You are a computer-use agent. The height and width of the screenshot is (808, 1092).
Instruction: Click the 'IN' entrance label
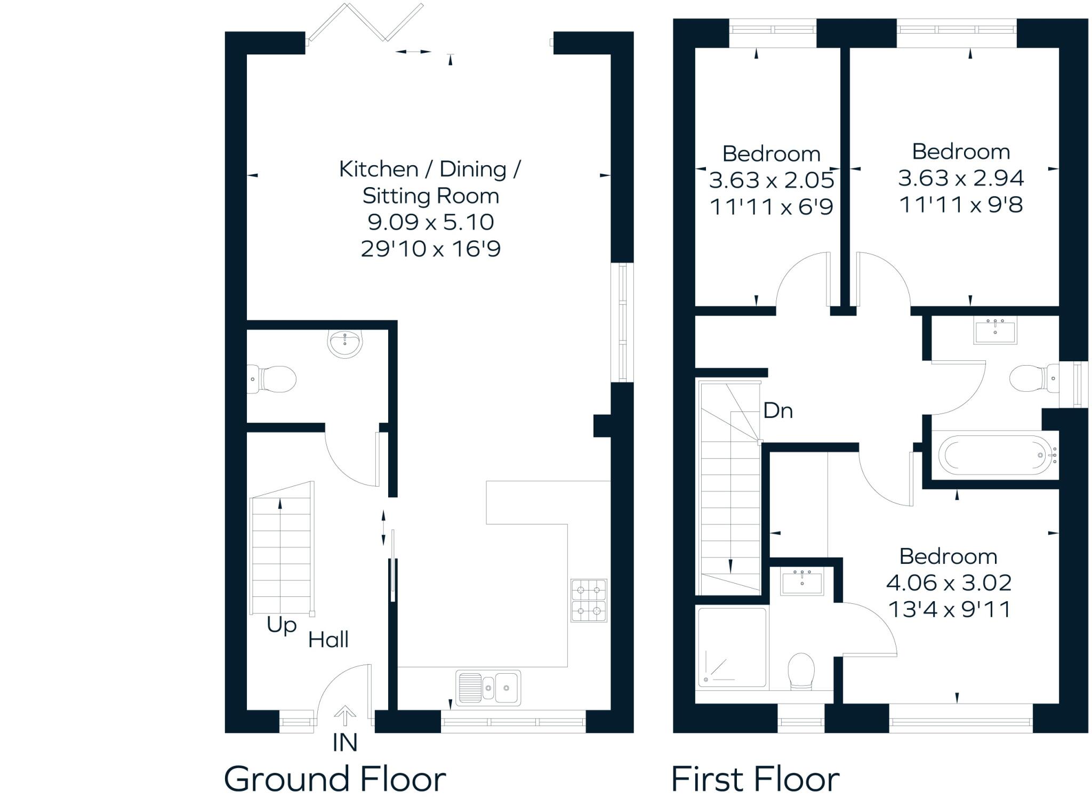[344, 742]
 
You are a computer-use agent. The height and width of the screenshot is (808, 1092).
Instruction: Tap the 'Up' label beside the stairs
[282, 625]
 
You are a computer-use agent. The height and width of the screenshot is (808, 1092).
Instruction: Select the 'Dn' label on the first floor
[778, 411]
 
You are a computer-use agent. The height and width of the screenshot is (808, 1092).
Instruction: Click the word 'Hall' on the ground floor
[328, 640]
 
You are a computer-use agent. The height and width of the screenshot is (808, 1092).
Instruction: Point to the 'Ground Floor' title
[334, 779]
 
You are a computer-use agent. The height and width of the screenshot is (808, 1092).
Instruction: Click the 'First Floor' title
[754, 779]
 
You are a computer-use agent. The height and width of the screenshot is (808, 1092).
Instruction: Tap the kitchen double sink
[488, 688]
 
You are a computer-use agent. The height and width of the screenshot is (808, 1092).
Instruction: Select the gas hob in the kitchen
[589, 600]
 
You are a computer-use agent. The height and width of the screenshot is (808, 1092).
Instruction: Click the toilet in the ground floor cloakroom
[272, 379]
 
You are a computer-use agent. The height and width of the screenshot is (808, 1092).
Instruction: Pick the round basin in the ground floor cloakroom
[345, 343]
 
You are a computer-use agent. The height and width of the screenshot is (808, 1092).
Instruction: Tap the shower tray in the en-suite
[732, 647]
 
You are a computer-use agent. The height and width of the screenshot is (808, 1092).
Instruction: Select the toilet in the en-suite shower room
[801, 670]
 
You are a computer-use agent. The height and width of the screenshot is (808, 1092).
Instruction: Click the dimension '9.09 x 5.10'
[431, 222]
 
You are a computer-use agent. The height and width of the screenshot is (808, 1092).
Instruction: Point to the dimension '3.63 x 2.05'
[771, 180]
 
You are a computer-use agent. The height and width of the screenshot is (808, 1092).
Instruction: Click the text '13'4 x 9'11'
[949, 609]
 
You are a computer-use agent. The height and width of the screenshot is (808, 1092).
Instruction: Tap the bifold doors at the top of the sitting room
[366, 22]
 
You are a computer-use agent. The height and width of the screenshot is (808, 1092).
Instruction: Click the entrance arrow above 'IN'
[345, 715]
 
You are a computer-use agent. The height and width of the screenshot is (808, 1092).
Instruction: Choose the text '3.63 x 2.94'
[961, 178]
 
